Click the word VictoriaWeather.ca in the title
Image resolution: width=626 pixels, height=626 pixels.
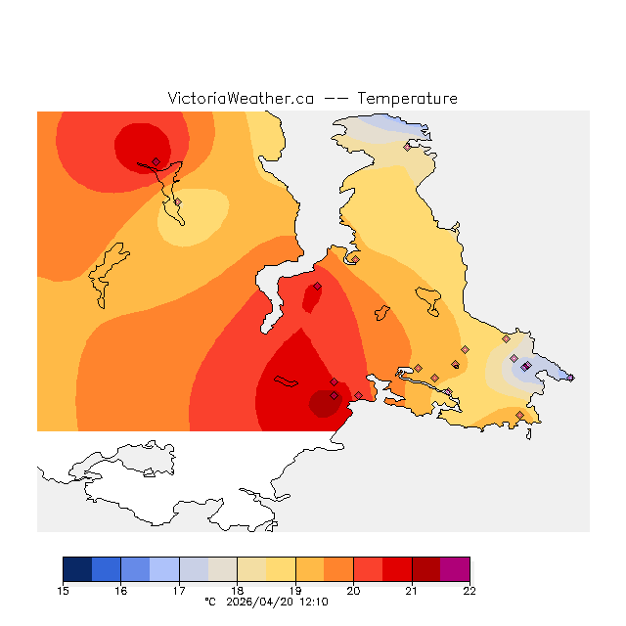click(x=241, y=99)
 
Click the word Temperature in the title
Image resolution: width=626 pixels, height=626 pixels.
click(x=407, y=99)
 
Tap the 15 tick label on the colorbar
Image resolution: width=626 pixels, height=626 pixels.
click(x=64, y=591)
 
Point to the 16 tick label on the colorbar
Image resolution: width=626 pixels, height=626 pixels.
click(x=121, y=591)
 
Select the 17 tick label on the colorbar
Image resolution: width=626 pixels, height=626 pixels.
click(x=179, y=591)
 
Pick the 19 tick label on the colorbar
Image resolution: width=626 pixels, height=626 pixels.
click(x=295, y=591)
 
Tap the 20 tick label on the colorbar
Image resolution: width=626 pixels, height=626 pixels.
click(x=353, y=591)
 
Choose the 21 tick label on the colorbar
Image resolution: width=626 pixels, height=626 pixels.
click(x=412, y=591)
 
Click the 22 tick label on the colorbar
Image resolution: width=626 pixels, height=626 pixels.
click(x=469, y=591)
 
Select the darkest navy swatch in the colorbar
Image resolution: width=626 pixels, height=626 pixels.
click(x=77, y=569)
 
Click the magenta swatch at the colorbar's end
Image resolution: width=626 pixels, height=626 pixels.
click(x=455, y=569)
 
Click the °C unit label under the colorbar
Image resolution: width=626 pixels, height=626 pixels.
click(x=209, y=603)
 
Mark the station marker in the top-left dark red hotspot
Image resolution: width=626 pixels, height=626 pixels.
click(x=156, y=162)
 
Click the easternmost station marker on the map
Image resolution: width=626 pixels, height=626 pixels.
click(x=570, y=378)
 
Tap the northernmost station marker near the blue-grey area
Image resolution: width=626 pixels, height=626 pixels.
click(x=407, y=148)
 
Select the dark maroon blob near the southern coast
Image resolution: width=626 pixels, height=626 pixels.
click(x=323, y=403)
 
